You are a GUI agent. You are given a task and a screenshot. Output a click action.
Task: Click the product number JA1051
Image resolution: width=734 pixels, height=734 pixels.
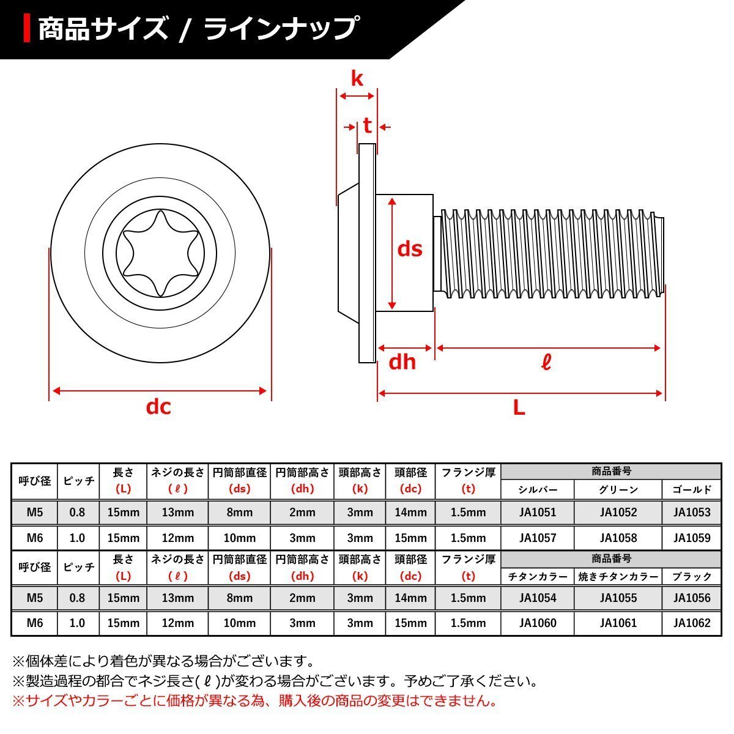[x=537, y=513]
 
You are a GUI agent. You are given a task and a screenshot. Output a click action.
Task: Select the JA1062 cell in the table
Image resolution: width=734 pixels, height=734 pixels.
[x=692, y=623]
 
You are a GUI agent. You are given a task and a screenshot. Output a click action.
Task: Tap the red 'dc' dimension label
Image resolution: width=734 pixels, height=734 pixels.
[x=158, y=406]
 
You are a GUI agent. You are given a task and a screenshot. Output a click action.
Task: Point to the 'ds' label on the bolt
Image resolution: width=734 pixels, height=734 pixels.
[x=410, y=249]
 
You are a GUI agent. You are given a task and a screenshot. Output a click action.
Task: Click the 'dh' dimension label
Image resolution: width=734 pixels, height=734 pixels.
[x=402, y=362]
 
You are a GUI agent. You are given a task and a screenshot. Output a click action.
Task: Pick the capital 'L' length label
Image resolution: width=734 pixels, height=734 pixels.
[x=519, y=407]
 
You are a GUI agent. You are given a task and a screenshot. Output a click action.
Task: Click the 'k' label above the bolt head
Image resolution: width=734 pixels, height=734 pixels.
[x=357, y=78]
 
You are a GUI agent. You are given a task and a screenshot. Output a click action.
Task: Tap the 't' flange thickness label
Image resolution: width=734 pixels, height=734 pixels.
[x=367, y=126]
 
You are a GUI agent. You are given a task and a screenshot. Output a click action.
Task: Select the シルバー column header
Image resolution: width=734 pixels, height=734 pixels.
[x=537, y=489]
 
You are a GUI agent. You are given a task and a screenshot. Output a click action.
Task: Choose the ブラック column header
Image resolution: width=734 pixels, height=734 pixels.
[x=692, y=576]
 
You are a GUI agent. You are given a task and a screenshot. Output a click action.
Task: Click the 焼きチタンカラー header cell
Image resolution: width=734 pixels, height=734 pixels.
[x=618, y=576]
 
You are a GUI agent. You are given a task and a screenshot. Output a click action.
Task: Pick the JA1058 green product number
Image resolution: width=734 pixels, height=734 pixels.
[x=618, y=538]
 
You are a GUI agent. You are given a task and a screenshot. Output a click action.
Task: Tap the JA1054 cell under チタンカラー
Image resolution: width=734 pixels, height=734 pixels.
[x=537, y=598]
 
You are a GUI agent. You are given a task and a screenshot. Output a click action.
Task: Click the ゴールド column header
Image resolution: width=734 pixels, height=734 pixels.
[x=692, y=489]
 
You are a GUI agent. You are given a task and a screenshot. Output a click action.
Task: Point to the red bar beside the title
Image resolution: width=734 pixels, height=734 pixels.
[x=27, y=28]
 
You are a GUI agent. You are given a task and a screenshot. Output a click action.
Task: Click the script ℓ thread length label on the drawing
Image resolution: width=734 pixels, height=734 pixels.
[x=546, y=363]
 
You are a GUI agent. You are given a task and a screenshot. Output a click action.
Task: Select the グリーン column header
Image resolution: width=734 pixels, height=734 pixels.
[x=618, y=489]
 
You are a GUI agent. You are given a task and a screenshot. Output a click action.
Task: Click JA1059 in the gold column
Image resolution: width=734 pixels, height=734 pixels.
[x=692, y=538]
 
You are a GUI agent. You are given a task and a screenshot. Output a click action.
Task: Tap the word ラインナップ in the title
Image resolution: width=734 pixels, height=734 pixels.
[x=280, y=29]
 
